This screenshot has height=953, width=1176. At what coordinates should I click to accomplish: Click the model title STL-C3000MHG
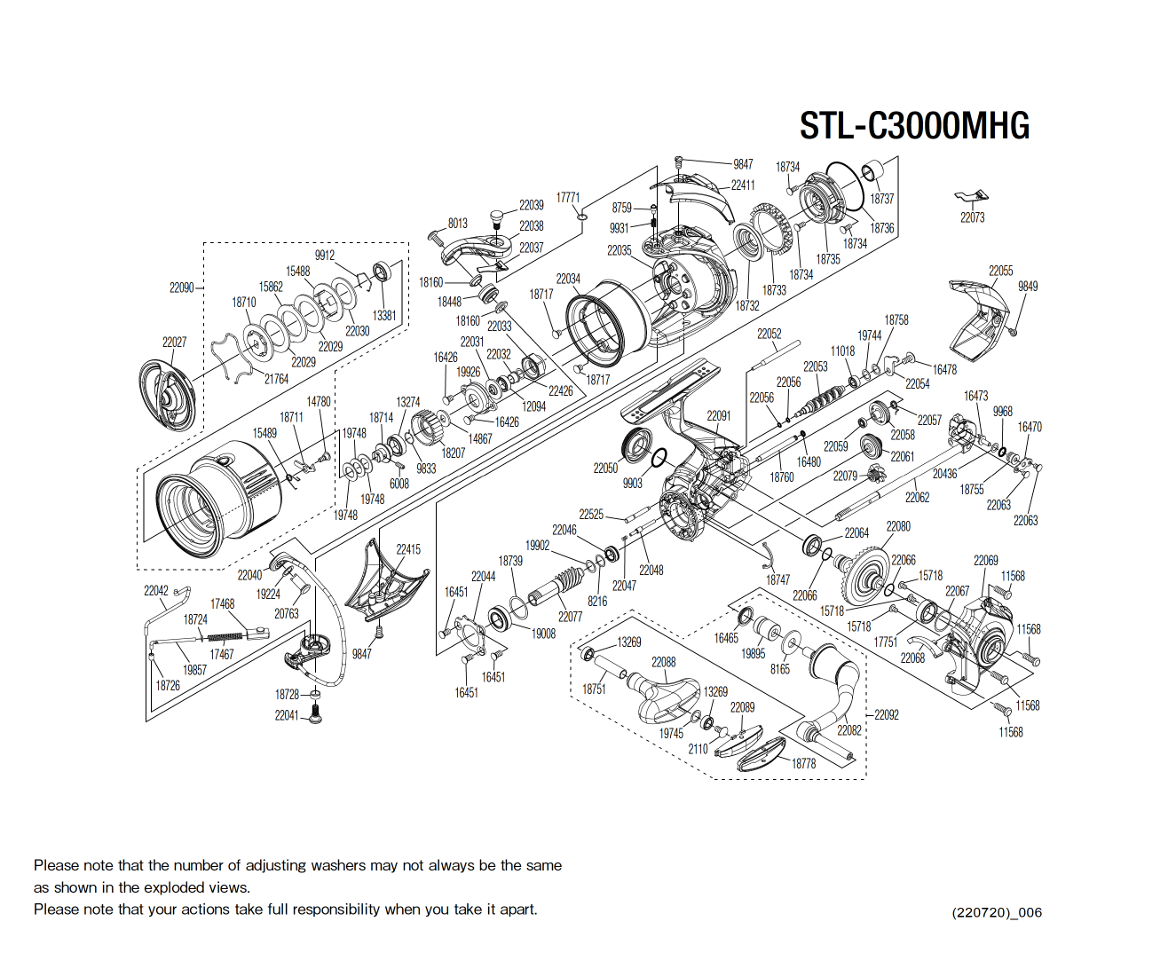click(914, 126)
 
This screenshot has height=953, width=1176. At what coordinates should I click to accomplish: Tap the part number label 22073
click(972, 217)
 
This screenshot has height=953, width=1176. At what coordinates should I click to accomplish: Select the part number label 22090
click(181, 287)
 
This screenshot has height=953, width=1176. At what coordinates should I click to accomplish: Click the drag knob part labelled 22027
click(168, 391)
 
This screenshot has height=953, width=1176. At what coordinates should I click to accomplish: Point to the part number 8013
click(457, 224)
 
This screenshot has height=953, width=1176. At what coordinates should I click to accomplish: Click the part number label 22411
click(743, 185)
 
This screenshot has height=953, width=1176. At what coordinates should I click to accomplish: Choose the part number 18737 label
click(881, 199)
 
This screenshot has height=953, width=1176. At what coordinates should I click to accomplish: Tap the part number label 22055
click(1000, 271)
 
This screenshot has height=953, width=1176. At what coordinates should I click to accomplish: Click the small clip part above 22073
click(972, 197)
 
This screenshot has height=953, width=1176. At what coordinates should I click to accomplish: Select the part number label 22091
click(718, 415)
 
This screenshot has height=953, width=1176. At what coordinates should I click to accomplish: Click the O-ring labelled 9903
click(659, 458)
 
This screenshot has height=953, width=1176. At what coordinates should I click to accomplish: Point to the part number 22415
click(408, 549)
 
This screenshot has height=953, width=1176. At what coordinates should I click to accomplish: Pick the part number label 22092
click(886, 714)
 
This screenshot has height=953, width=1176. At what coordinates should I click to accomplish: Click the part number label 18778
click(803, 763)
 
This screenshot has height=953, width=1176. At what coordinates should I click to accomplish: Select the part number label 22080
click(898, 526)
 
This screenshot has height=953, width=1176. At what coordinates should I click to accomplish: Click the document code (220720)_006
click(997, 912)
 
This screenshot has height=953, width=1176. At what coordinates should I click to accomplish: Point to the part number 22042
click(156, 590)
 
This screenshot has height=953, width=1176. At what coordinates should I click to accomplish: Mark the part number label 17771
click(568, 198)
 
